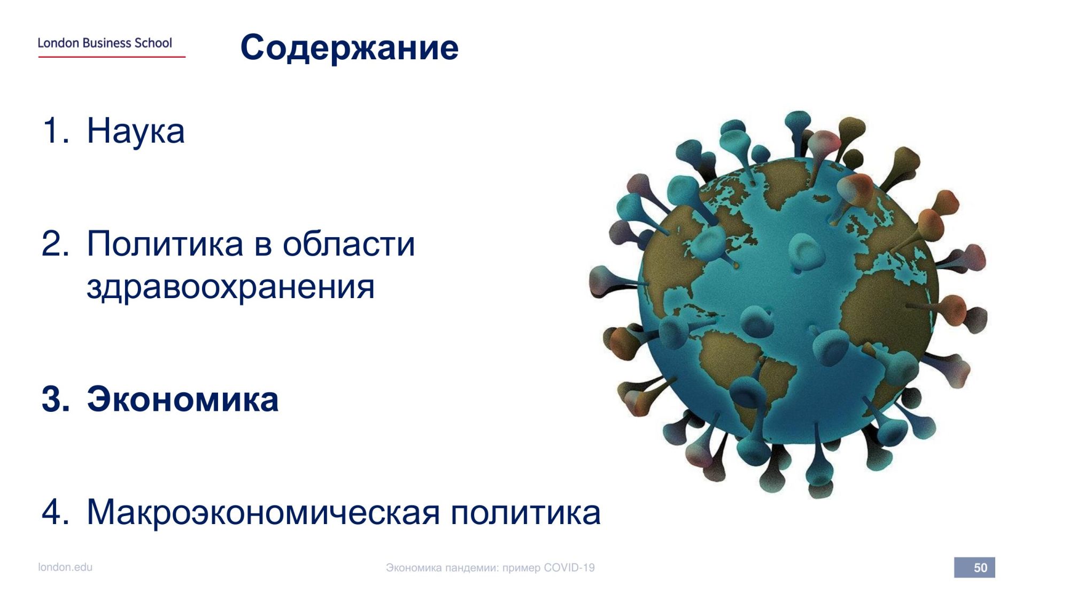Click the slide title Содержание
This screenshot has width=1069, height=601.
pyautogui.click(x=350, y=48)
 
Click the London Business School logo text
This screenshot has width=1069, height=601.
pyautogui.click(x=105, y=43)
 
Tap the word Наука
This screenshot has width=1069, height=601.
pyautogui.click(x=136, y=131)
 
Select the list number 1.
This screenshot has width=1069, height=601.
pyautogui.click(x=55, y=130)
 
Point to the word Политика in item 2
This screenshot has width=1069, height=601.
pyautogui.click(x=165, y=244)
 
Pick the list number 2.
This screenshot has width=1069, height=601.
pyautogui.click(x=56, y=244)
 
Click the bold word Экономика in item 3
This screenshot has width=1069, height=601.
pyautogui.click(x=183, y=399)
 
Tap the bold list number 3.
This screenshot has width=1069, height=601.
pyautogui.click(x=56, y=399)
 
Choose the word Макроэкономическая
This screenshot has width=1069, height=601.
pyautogui.click(x=263, y=512)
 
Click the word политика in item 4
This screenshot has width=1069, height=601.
pyautogui.click(x=526, y=512)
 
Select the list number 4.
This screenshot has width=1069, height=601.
pyautogui.click(x=56, y=512)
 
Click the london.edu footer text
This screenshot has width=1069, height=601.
pyautogui.click(x=65, y=567)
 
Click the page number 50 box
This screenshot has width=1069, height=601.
pyautogui.click(x=974, y=567)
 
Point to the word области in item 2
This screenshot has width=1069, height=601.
pyautogui.click(x=348, y=244)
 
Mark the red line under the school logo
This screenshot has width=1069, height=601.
pyautogui.click(x=112, y=57)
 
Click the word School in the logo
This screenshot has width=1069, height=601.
pyautogui.click(x=153, y=43)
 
